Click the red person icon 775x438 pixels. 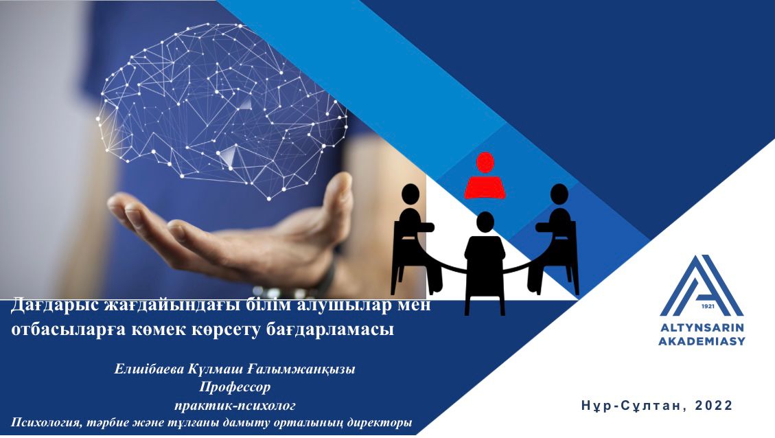coord(485,177)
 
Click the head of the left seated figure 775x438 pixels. coord(410,194)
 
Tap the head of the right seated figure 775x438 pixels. coord(559,194)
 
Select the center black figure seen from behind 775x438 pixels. coord(485,263)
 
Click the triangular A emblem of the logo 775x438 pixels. coord(702,286)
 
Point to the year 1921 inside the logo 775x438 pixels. coord(708,306)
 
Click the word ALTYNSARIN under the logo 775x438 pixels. coord(702,327)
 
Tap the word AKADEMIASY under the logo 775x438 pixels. coord(702,341)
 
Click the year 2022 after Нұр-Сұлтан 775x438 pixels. coord(714,405)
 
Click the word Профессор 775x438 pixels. coord(235,387)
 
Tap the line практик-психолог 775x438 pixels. coord(235,405)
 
